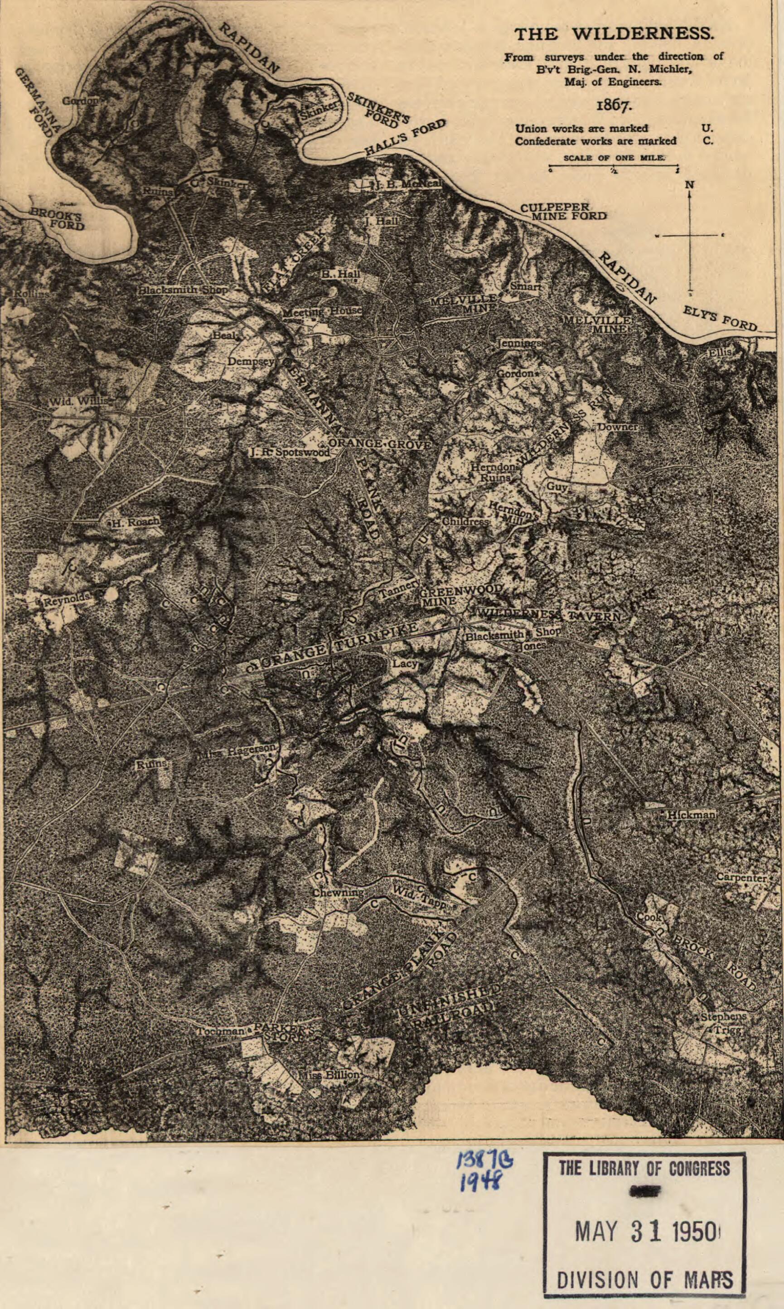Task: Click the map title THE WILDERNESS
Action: (614, 34)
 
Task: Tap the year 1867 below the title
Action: (614, 105)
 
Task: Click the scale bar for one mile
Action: (614, 169)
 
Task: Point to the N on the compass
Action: (689, 185)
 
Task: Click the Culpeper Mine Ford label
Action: (563, 211)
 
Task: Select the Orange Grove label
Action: (380, 444)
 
